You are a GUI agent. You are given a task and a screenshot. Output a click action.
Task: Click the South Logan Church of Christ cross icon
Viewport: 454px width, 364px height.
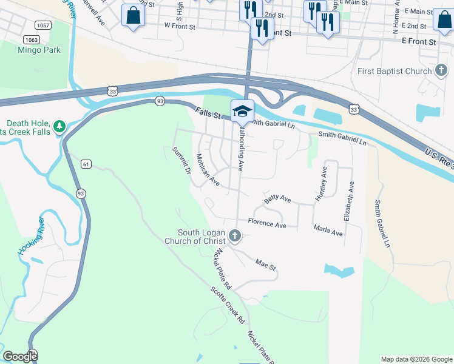click(235, 235)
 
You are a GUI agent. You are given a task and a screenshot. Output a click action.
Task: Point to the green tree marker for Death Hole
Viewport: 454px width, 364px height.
click(59, 126)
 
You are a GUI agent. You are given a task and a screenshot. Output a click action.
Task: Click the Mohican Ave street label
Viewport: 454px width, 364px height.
click(207, 169)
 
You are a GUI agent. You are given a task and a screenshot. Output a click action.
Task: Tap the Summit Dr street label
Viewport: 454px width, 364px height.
click(181, 161)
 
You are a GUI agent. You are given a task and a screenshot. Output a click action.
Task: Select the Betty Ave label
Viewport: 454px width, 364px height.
click(277, 199)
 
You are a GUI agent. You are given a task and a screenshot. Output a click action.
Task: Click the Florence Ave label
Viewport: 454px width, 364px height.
click(267, 225)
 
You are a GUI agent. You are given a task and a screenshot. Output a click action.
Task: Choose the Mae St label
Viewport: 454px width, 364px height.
click(266, 265)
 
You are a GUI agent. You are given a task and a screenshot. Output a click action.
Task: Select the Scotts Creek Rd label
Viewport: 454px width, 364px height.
click(228, 303)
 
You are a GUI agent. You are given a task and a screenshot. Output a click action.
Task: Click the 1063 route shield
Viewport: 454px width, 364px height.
click(32, 39)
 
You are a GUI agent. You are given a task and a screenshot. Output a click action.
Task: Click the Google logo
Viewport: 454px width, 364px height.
click(20, 357)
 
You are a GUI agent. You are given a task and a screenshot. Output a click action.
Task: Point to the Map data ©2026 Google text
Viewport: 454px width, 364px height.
click(416, 359)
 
